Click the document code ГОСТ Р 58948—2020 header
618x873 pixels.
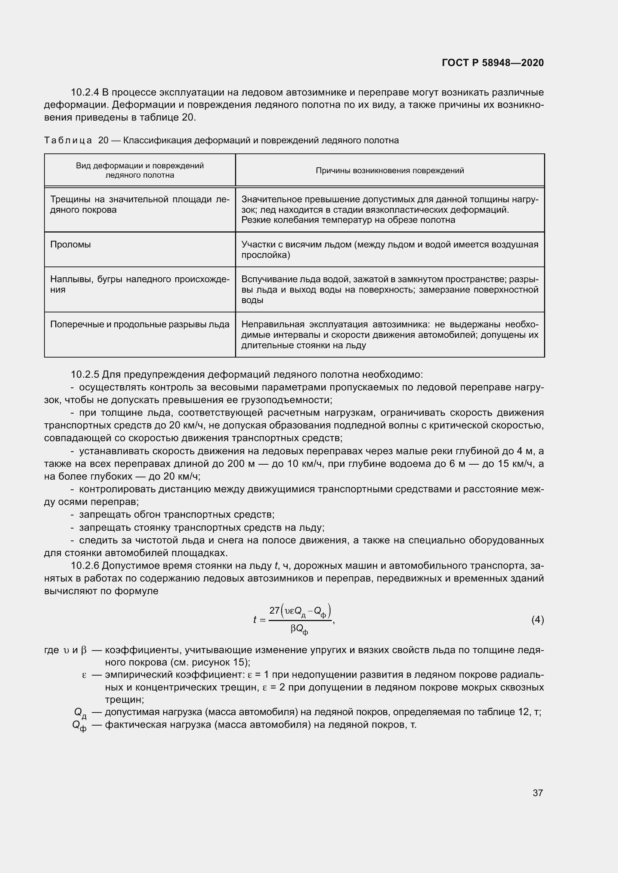(493, 63)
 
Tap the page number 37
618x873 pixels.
(537, 793)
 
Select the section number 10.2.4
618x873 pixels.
(84, 93)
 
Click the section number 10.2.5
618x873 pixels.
(84, 374)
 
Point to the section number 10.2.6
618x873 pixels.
(84, 566)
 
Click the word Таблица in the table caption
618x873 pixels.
(68, 141)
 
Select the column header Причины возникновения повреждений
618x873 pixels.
(390, 171)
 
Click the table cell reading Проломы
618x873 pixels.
(70, 244)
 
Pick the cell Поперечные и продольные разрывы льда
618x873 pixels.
(140, 324)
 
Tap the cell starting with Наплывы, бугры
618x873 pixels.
(140, 284)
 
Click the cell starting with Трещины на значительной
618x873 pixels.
(140, 205)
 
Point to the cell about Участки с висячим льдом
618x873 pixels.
(390, 249)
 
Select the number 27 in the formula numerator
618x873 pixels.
(274, 611)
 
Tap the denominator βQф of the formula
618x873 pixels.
(299, 630)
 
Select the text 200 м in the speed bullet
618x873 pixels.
(240, 464)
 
